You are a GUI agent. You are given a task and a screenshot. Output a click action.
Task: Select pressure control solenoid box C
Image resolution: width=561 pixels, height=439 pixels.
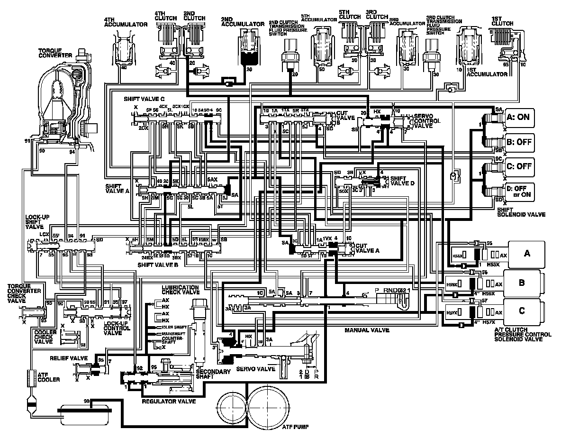pos(522,311)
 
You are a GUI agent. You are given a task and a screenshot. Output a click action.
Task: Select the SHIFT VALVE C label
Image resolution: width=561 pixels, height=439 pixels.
pos(144,100)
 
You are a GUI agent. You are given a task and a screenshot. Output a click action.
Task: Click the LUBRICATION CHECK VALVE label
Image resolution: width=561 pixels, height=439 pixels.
pos(180,290)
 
